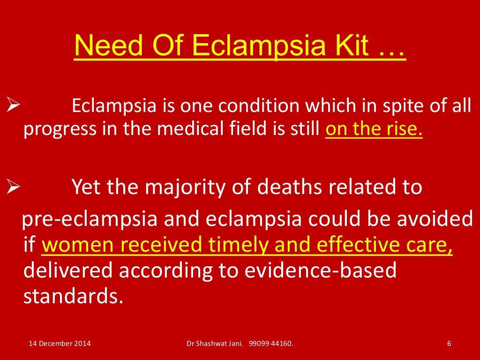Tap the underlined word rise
pos(405,129)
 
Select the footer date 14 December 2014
pos(60,344)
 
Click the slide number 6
pos(449,344)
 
